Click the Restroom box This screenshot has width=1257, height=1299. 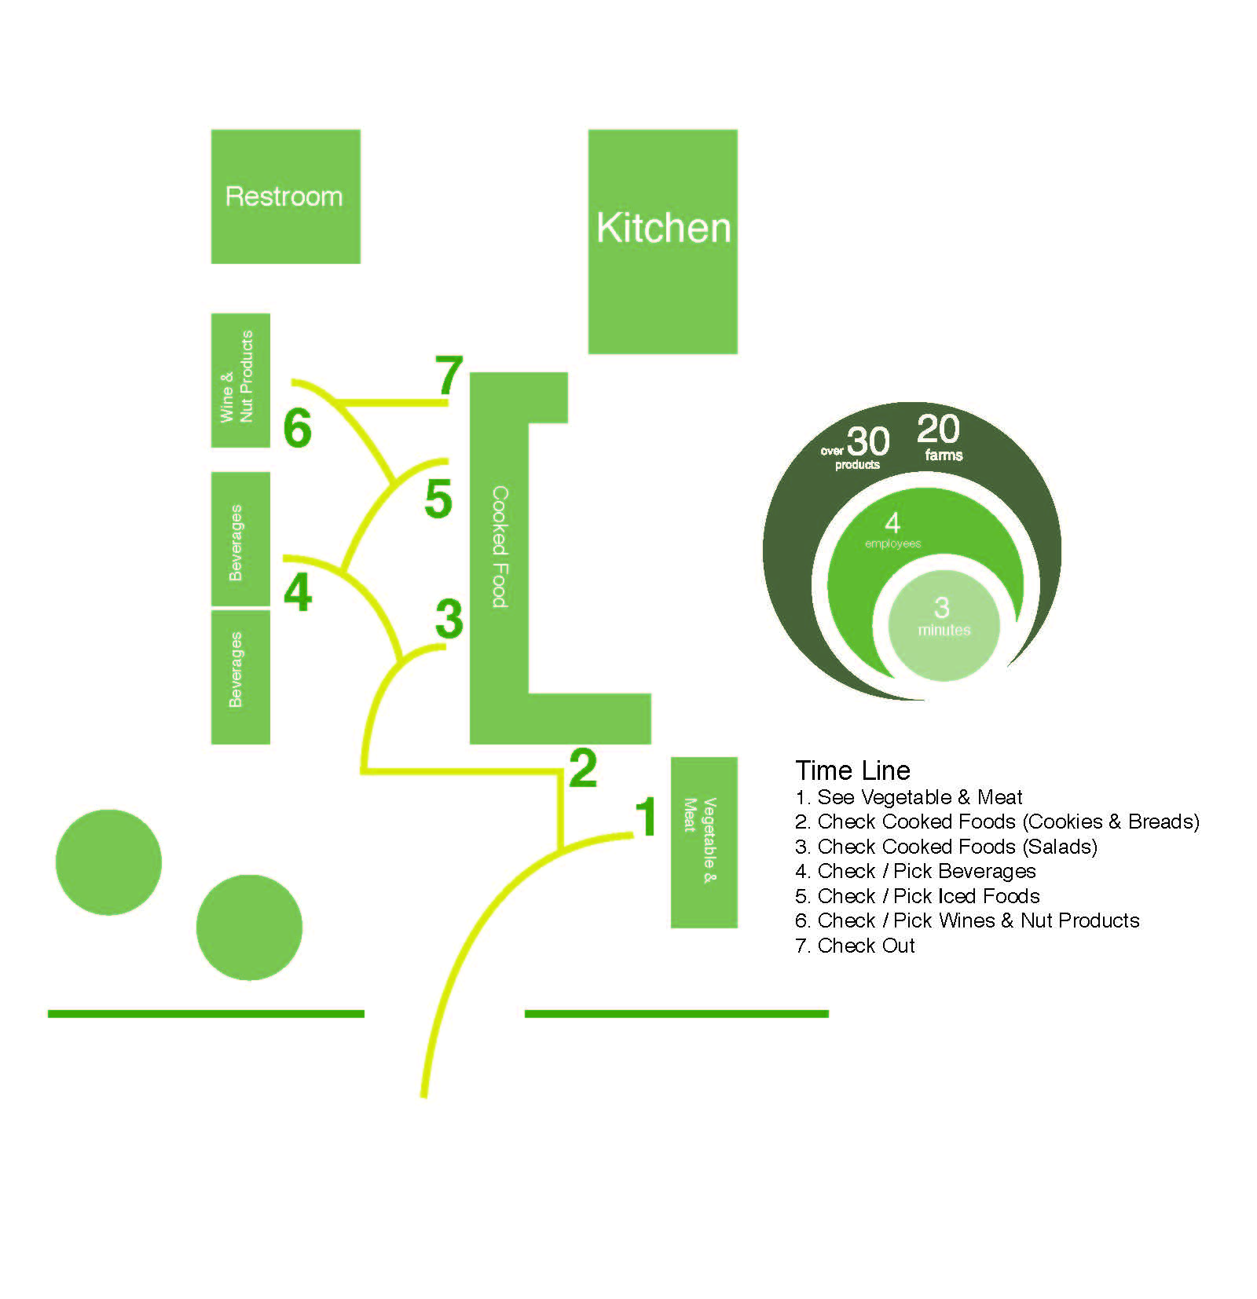[285, 196]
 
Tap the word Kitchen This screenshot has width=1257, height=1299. [663, 228]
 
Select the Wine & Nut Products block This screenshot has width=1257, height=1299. [240, 380]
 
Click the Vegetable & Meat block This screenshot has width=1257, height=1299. [703, 842]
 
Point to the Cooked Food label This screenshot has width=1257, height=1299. [500, 547]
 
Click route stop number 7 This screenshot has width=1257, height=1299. [449, 375]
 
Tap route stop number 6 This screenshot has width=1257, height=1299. [298, 428]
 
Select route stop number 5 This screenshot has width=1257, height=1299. [438, 499]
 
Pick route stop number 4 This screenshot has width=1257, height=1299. [298, 592]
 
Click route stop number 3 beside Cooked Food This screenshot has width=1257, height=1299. [449, 619]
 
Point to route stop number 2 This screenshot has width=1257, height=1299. [583, 768]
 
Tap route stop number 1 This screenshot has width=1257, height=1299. [646, 817]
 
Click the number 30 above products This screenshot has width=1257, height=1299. [868, 441]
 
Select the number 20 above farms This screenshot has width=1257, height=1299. [938, 430]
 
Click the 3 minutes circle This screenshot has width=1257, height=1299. [943, 624]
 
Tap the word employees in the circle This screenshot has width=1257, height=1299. [892, 543]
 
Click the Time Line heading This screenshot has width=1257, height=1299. [852, 770]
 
